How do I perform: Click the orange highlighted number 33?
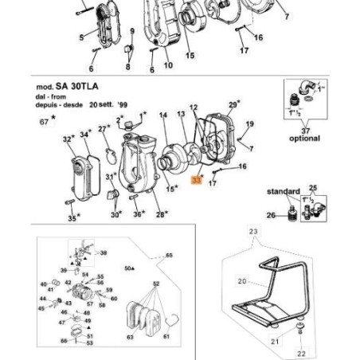point(197,182)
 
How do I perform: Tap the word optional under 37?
point(303,138)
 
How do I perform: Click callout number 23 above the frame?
point(254,232)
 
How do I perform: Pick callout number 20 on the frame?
point(242,280)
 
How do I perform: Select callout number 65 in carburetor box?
point(168,256)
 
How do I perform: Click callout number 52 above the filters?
point(156,283)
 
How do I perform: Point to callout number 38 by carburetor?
point(103,252)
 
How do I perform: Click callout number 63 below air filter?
point(131,338)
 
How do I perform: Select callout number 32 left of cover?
point(67,139)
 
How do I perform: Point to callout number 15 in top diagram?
point(189,55)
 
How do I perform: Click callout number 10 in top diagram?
point(168,66)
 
